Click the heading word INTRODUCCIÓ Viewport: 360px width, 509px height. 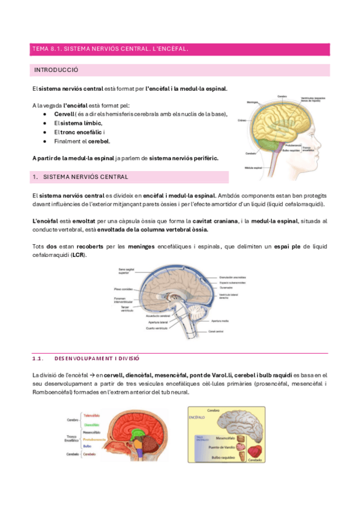(x=56, y=70)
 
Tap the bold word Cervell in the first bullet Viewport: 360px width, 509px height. (x=64, y=114)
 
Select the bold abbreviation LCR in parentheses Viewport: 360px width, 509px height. (x=77, y=255)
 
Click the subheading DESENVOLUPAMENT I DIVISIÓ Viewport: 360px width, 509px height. (x=97, y=358)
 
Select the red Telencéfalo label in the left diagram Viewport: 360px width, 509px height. (x=91, y=415)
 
